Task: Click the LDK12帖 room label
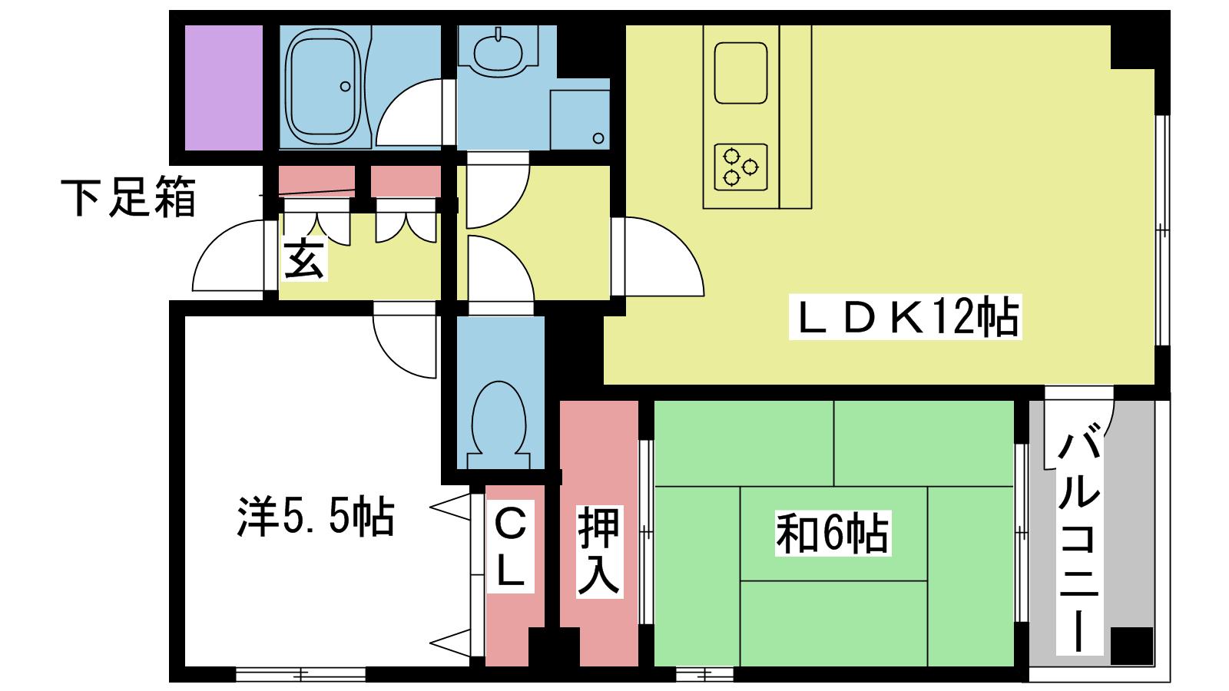(906, 316)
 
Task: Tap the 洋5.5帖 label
(316, 517)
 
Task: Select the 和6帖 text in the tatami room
(833, 533)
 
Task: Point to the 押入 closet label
(598, 551)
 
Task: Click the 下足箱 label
(128, 197)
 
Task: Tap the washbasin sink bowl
(498, 54)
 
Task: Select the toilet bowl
(499, 425)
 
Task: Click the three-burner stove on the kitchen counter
(740, 167)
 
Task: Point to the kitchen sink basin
(740, 73)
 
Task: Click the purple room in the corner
(224, 88)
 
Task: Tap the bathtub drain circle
(345, 87)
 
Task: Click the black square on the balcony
(1132, 646)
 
